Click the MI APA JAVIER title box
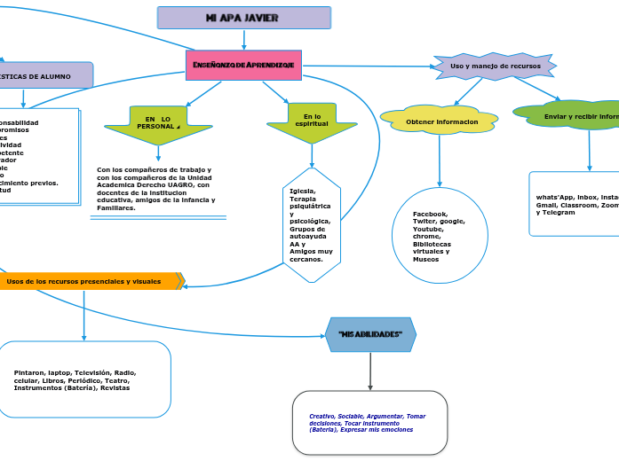click(243, 18)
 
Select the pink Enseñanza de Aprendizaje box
click(243, 65)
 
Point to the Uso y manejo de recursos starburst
click(495, 66)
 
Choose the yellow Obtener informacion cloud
click(439, 121)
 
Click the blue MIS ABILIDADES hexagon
click(370, 334)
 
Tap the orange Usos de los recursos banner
click(89, 281)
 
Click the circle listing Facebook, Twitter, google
click(440, 236)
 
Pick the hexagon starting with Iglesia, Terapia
click(311, 225)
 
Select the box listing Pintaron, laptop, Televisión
click(84, 379)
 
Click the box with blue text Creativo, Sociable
click(369, 423)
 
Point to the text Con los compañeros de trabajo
click(155, 168)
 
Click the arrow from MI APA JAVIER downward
click(243, 39)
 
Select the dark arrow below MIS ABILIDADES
click(370, 371)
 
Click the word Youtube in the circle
click(428, 229)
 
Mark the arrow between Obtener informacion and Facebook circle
click(439, 160)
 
